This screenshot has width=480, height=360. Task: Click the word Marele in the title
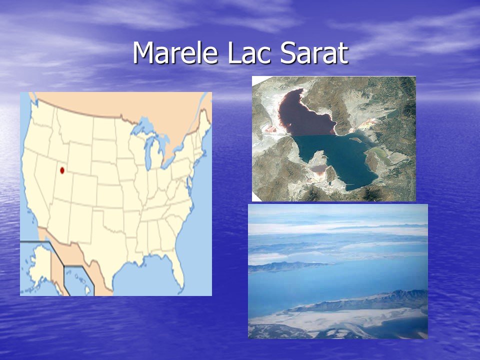175,52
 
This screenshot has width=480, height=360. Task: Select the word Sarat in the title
314,52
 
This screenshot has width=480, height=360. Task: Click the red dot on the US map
62,170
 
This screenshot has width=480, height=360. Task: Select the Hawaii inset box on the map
79,280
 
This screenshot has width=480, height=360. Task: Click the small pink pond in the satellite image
318,168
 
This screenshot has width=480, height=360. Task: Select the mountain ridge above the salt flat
361,301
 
